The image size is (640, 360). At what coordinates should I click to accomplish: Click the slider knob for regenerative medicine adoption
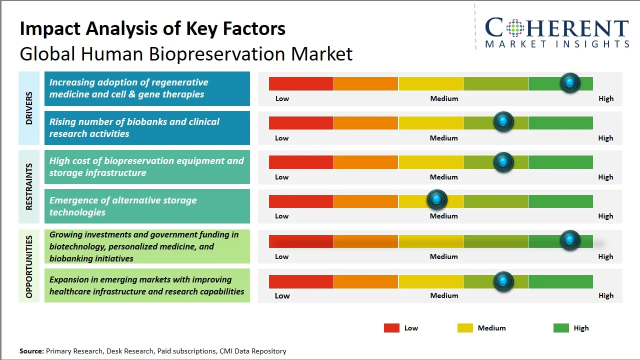569,82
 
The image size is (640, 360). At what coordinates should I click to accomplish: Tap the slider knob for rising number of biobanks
503,121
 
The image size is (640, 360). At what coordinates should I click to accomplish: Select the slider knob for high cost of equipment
503,162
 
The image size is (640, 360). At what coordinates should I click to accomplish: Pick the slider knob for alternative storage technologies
436,200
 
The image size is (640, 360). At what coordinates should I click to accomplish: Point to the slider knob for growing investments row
569,240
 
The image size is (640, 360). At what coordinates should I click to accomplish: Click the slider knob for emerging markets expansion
503,281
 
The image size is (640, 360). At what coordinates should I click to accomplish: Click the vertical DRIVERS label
29,108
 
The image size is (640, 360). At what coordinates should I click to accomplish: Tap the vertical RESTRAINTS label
29,186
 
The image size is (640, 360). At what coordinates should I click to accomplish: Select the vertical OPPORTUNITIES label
29,266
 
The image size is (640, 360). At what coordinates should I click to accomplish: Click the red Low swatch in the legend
391,328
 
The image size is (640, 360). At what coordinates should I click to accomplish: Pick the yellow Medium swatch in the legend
465,328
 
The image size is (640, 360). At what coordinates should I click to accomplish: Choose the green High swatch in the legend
561,328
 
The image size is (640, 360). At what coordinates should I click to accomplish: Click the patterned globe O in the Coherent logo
515,28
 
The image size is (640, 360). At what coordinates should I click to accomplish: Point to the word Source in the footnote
31,351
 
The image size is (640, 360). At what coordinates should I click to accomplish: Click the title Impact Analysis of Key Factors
152,28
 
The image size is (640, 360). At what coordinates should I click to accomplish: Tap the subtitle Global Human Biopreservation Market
186,53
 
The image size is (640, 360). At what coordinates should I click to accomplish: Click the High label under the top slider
605,98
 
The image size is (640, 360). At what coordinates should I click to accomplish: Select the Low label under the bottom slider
282,295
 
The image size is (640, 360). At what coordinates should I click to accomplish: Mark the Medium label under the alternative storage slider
443,216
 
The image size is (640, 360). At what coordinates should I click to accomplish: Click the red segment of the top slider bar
301,83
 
